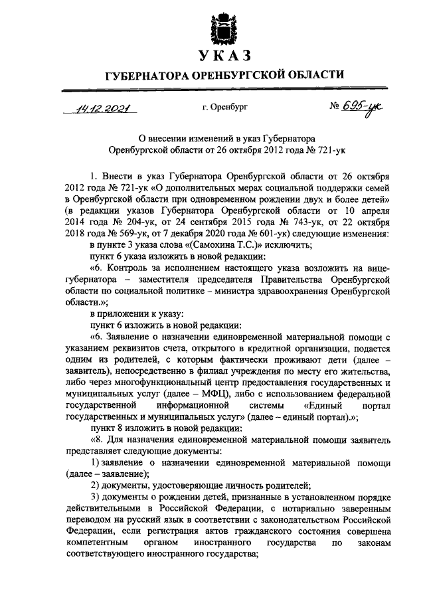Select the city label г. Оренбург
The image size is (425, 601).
[x=224, y=107]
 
